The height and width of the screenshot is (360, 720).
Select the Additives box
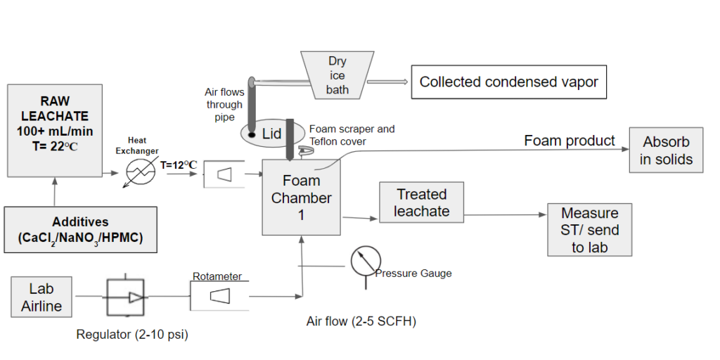pyautogui.click(x=80, y=229)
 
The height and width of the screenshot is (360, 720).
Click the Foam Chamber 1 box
pyautogui.click(x=301, y=198)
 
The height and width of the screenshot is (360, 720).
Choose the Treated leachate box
pyautogui.click(x=421, y=202)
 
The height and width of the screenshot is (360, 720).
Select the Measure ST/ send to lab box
pyautogui.click(x=589, y=230)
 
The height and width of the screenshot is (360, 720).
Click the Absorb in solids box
pyautogui.click(x=666, y=150)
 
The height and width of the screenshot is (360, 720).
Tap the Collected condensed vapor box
pyautogui.click(x=508, y=82)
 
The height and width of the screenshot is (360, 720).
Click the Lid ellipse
pyautogui.click(x=271, y=133)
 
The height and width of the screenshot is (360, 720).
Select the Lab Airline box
pyautogui.click(x=41, y=297)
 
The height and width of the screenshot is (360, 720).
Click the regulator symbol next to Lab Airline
pyautogui.click(x=125, y=297)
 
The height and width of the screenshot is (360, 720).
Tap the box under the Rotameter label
pyautogui.click(x=219, y=297)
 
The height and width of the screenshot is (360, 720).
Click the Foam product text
pyautogui.click(x=569, y=141)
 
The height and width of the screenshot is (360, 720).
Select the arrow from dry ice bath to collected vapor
pyautogui.click(x=387, y=82)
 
